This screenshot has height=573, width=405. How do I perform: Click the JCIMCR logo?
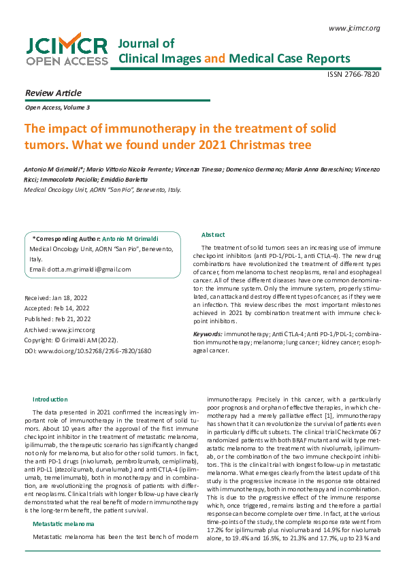[67, 50]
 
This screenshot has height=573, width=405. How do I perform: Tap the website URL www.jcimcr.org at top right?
[354, 28]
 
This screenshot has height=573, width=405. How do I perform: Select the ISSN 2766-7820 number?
[353, 74]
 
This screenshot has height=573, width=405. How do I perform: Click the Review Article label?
[52, 93]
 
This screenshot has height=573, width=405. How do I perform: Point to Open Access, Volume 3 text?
[56, 108]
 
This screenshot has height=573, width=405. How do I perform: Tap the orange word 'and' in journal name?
[214, 59]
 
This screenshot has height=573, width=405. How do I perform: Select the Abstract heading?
[213, 234]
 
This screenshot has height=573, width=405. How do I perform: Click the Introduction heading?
[50, 399]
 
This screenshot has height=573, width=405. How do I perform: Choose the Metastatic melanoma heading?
[64, 523]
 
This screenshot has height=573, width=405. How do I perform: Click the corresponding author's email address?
[80, 269]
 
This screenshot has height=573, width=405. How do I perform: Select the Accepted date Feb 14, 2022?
[56, 308]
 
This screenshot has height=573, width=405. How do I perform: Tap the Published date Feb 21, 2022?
[57, 318]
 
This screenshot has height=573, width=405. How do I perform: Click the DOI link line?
[87, 350]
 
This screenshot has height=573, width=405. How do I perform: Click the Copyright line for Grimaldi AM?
[71, 340]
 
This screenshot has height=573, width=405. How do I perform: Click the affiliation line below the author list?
[102, 191]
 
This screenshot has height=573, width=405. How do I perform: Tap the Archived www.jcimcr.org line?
[59, 329]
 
